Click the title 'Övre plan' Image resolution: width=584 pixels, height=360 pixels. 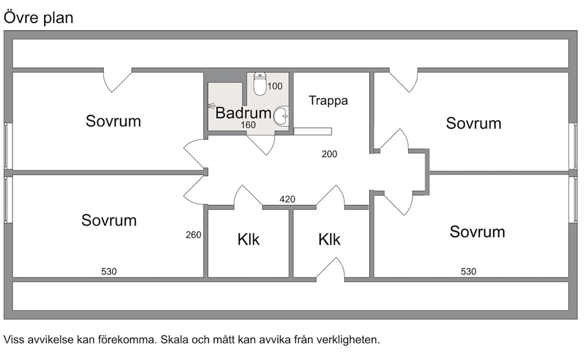pos(38,18)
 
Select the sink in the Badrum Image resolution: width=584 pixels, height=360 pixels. pos(281,116)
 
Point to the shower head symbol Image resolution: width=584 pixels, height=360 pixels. pos(211,106)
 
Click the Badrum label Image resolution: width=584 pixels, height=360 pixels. pos(243,113)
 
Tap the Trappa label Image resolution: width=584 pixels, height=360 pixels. pos(328,101)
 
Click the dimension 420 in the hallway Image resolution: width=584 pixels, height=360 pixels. pos(287,199)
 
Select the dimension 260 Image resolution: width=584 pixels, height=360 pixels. pos(193,235)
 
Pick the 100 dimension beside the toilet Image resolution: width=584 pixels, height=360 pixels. pos(275,86)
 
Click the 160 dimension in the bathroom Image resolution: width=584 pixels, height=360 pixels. pos(248,125)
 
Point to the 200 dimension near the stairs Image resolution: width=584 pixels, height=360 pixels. pos(329,154)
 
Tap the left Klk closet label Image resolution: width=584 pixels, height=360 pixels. pos(248,240)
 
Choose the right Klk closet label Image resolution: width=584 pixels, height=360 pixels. pos(329,240)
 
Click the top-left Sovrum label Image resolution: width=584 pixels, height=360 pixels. pos(113,121)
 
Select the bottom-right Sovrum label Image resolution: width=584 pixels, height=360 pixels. pos(477,232)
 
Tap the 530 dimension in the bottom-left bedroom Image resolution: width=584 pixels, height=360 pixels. pos(109,272)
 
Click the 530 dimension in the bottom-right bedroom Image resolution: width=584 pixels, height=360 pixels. pos(469,272)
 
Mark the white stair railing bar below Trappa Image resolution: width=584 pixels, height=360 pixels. pos(313,131)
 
